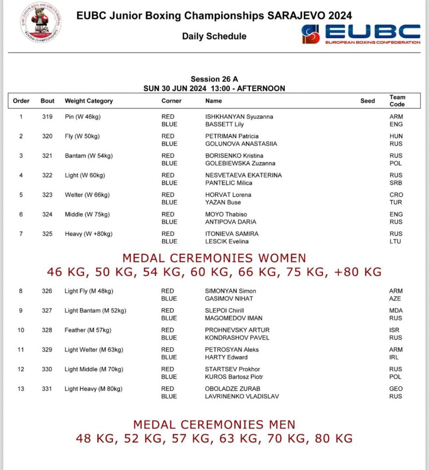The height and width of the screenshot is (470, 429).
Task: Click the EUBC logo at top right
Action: click(360, 34)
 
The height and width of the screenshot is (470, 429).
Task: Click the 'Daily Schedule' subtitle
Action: click(214, 36)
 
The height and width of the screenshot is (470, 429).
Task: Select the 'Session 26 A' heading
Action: click(214, 79)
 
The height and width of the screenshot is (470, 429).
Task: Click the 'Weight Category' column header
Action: click(89, 101)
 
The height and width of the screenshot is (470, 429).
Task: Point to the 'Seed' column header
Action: click(367, 101)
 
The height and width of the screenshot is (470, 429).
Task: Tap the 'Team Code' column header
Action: click(397, 101)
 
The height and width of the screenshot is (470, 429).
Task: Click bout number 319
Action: click(47, 117)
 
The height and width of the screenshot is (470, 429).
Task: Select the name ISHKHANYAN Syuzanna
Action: click(239, 117)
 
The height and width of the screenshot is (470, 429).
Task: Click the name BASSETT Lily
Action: click(224, 124)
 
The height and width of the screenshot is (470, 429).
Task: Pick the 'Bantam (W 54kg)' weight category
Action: click(89, 156)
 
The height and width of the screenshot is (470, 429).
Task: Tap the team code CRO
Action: click(395, 195)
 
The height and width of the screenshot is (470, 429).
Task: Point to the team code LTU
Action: click(395, 241)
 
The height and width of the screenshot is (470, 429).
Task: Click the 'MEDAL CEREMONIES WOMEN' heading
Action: click(214, 258)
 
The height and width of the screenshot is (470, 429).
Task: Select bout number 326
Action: click(47, 291)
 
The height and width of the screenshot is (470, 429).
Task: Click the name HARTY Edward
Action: click(226, 357)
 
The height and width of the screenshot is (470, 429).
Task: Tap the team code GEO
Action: click(395, 389)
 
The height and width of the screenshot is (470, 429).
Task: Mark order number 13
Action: click(21, 389)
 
